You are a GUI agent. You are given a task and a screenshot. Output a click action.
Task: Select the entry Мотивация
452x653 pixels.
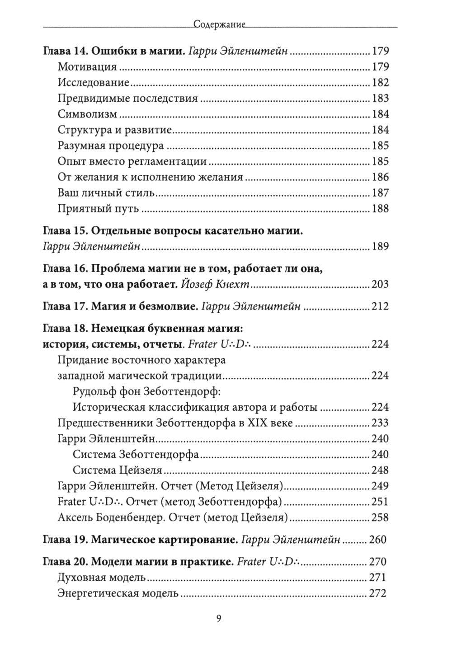[87, 67]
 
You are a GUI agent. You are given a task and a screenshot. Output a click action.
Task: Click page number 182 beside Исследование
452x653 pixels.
[380, 83]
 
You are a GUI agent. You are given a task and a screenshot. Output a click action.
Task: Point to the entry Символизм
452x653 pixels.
[88, 114]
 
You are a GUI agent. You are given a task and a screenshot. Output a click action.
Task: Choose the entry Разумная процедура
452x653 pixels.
[111, 146]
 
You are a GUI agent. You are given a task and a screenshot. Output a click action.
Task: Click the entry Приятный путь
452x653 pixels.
[98, 209]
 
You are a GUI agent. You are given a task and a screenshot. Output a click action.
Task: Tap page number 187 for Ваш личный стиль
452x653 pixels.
[380, 193]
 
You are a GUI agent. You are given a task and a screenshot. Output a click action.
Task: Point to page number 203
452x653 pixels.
[380, 284]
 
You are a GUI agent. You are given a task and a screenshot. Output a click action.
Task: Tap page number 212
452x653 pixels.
[380, 307]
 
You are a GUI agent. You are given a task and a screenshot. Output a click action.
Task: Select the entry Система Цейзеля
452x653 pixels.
[117, 470]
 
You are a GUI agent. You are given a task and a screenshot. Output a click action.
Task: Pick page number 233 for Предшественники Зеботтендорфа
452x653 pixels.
[380, 423]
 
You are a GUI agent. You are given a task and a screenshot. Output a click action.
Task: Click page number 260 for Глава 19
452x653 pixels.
[379, 540]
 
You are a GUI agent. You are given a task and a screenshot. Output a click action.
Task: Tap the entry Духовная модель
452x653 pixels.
[101, 578]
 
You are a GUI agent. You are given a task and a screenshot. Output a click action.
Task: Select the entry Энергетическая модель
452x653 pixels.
[118, 593]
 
